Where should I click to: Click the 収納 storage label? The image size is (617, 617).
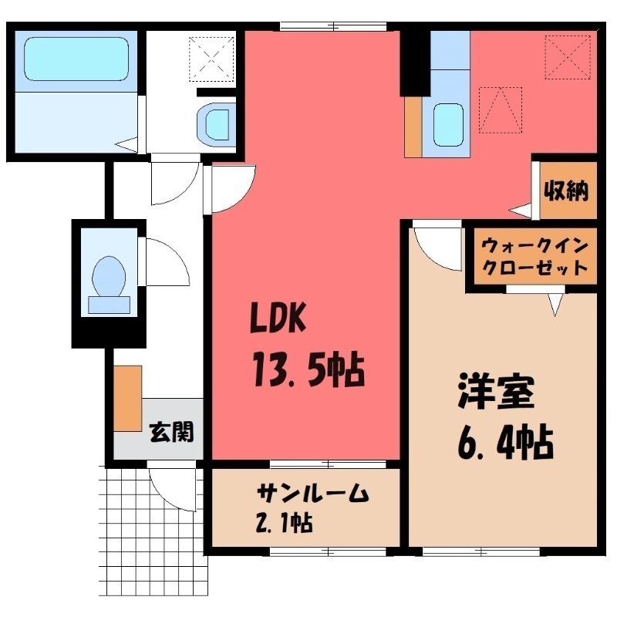coord(567,189)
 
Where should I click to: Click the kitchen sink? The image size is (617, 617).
coord(448,123)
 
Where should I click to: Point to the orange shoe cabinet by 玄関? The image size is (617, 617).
coord(128,398)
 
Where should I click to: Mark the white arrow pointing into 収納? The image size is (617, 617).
coord(521,210)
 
